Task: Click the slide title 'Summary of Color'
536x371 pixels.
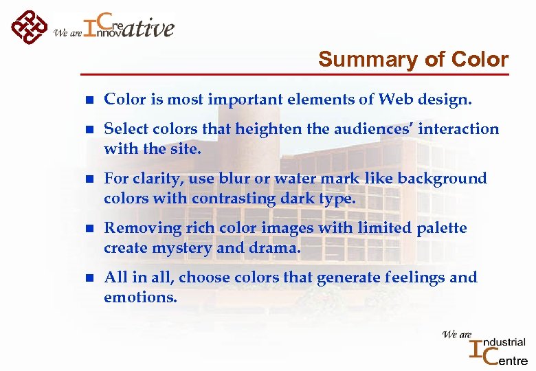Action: tap(413, 60)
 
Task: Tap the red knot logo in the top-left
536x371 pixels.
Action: tap(28, 27)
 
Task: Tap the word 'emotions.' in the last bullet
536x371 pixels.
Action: tap(140, 297)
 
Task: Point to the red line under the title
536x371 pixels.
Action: tap(295, 74)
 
